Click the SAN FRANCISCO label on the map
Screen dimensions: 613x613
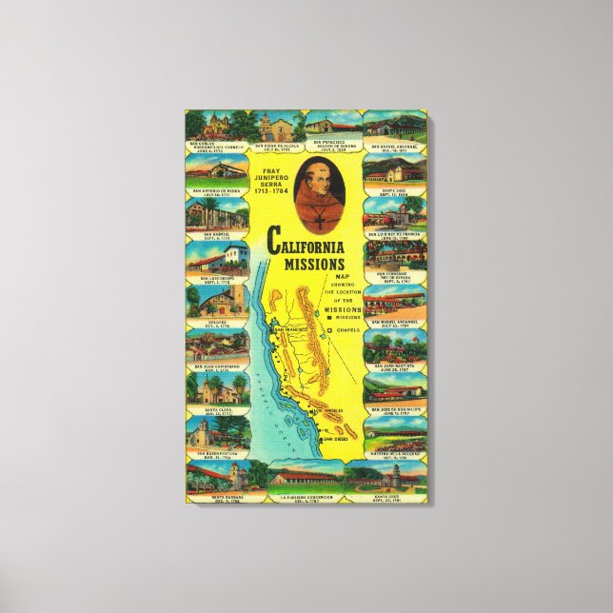coord(287,330)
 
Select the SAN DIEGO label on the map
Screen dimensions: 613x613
coord(335,438)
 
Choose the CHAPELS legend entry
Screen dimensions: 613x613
coord(346,332)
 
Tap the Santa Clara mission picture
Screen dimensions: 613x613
coord(217,390)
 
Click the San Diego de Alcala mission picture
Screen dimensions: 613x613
coord(278,125)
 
